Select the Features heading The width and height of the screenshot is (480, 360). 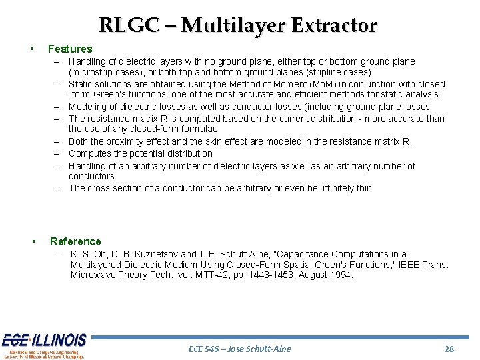tap(70, 49)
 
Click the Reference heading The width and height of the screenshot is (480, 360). tap(75, 241)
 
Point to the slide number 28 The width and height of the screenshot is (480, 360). tap(449, 349)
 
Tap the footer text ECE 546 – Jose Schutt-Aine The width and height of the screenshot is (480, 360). tap(239, 349)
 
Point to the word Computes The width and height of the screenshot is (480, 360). tap(90, 153)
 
